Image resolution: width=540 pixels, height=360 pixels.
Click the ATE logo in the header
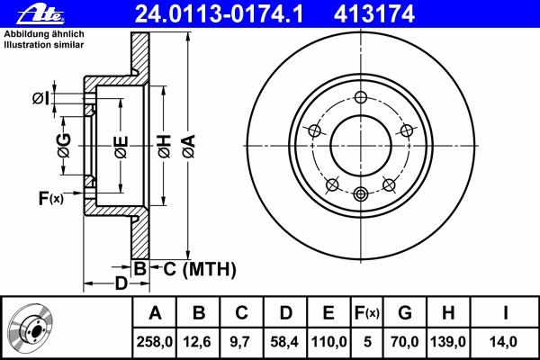40,15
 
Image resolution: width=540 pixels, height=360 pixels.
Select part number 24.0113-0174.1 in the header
219,14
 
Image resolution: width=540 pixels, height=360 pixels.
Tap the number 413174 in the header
373,14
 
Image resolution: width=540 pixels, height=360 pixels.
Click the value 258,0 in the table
154,342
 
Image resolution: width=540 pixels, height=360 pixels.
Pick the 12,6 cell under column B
197,342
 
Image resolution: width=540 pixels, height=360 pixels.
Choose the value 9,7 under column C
240,342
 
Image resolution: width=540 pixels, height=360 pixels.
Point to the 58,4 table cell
284,342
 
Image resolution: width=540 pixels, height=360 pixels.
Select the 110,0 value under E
328,342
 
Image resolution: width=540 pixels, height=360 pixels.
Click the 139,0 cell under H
448,342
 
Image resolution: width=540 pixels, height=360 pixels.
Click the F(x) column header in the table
367,313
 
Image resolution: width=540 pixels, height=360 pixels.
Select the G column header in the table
405,313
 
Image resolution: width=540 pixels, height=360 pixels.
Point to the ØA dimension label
189,147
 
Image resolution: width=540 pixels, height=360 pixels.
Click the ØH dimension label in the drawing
165,147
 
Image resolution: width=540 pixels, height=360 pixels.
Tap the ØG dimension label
64,145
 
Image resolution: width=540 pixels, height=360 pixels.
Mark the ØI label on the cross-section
40,98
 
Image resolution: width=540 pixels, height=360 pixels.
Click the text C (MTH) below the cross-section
200,269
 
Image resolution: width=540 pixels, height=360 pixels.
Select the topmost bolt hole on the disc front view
361,97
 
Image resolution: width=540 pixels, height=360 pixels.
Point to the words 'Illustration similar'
44,45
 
